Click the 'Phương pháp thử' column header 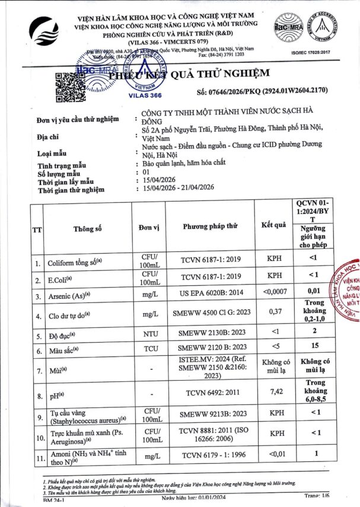(x=210, y=227)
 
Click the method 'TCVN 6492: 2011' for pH (x=210, y=393)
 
